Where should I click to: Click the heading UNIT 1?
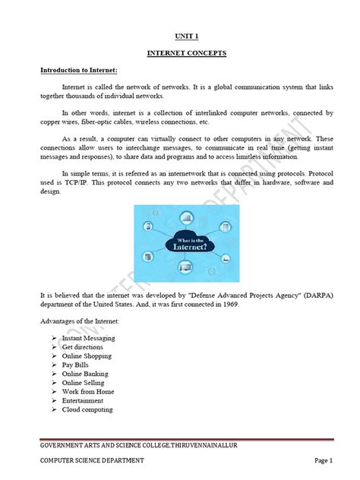pyautogui.click(x=180, y=36)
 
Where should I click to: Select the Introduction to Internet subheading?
pyautogui.click(x=78, y=70)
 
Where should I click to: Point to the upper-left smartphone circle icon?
pyautogui.click(x=149, y=225)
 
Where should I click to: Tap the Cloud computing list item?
pyautogui.click(x=87, y=409)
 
